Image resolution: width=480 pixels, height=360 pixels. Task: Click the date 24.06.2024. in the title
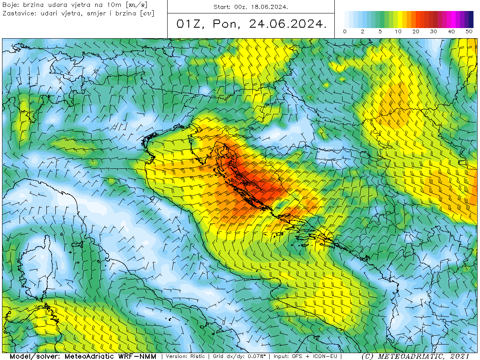pos(288,24)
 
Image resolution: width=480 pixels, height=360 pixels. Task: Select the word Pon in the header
pos(226,24)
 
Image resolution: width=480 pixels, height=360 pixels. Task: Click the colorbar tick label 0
pos(345,31)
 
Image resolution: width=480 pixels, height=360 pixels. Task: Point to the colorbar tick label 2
pos(362,31)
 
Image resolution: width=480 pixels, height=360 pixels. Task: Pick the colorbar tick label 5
pos(380,31)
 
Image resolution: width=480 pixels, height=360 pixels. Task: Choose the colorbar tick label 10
pos(398,31)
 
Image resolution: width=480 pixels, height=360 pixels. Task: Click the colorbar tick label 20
pos(416,31)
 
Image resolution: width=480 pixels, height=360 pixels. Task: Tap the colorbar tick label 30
pos(434,31)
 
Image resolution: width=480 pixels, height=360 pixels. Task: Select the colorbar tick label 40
pos(451,31)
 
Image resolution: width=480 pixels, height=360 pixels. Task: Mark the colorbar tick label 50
pos(469,31)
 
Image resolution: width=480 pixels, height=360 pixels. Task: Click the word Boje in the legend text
pos(10,5)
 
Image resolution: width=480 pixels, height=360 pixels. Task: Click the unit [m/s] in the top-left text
pos(137,5)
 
